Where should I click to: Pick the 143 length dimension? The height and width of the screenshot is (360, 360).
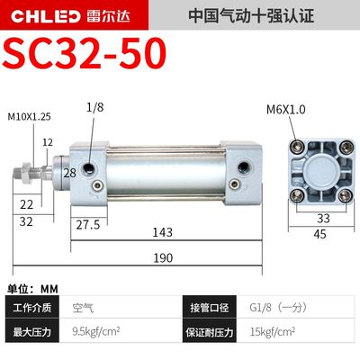tap(162, 231)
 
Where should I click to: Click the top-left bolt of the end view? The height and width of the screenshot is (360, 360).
tap(293, 145)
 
